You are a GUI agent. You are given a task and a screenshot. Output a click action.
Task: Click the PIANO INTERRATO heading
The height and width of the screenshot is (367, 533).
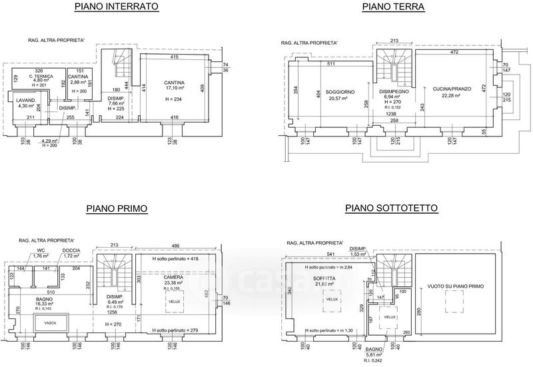tap(117, 7)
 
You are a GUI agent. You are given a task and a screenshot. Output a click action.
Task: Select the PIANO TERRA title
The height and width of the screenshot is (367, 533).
tap(393, 7)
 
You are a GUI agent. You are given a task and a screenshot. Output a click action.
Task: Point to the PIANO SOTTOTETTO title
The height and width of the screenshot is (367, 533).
tap(391, 208)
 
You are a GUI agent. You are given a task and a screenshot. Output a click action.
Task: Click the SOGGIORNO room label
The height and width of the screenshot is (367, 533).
tap(340, 91)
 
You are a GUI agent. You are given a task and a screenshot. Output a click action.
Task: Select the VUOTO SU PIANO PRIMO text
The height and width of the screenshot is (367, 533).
tap(455, 287)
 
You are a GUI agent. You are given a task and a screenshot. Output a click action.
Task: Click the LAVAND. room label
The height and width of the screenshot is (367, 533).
tap(25, 100)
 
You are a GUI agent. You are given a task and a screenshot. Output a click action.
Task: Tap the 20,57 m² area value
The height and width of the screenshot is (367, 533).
tap(339, 99)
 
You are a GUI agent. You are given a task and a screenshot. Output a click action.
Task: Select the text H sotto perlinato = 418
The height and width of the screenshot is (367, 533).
tap(176, 258)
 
